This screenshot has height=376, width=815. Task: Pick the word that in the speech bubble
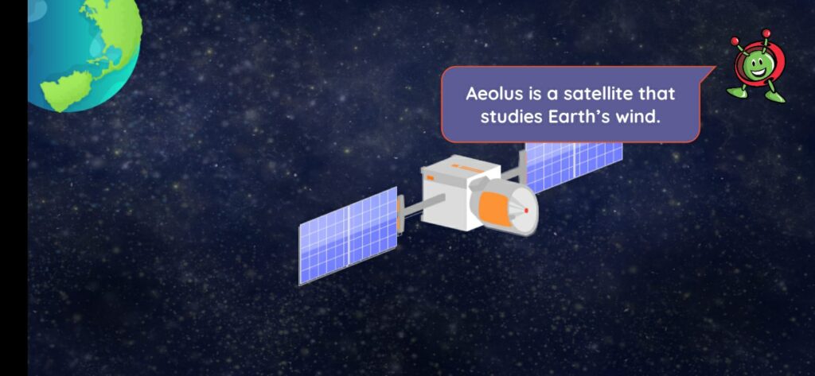click(657, 94)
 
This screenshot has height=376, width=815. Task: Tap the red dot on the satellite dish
click(526, 211)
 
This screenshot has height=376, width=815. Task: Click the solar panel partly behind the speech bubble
click(574, 165)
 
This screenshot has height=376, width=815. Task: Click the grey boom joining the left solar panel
click(423, 206)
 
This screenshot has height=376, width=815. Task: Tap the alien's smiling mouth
click(758, 72)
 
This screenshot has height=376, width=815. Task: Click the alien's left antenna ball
click(735, 41)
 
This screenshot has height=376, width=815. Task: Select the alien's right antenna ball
click(766, 33)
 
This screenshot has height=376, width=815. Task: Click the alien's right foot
click(775, 97)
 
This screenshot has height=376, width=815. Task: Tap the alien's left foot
click(736, 92)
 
